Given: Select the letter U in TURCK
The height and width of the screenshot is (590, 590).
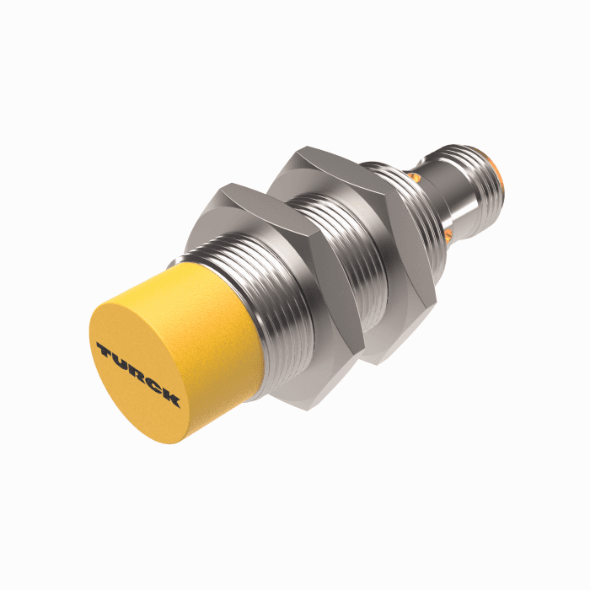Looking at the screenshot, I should [x=120, y=361].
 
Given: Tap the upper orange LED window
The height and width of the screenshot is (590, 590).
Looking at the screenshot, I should [x=414, y=175].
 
